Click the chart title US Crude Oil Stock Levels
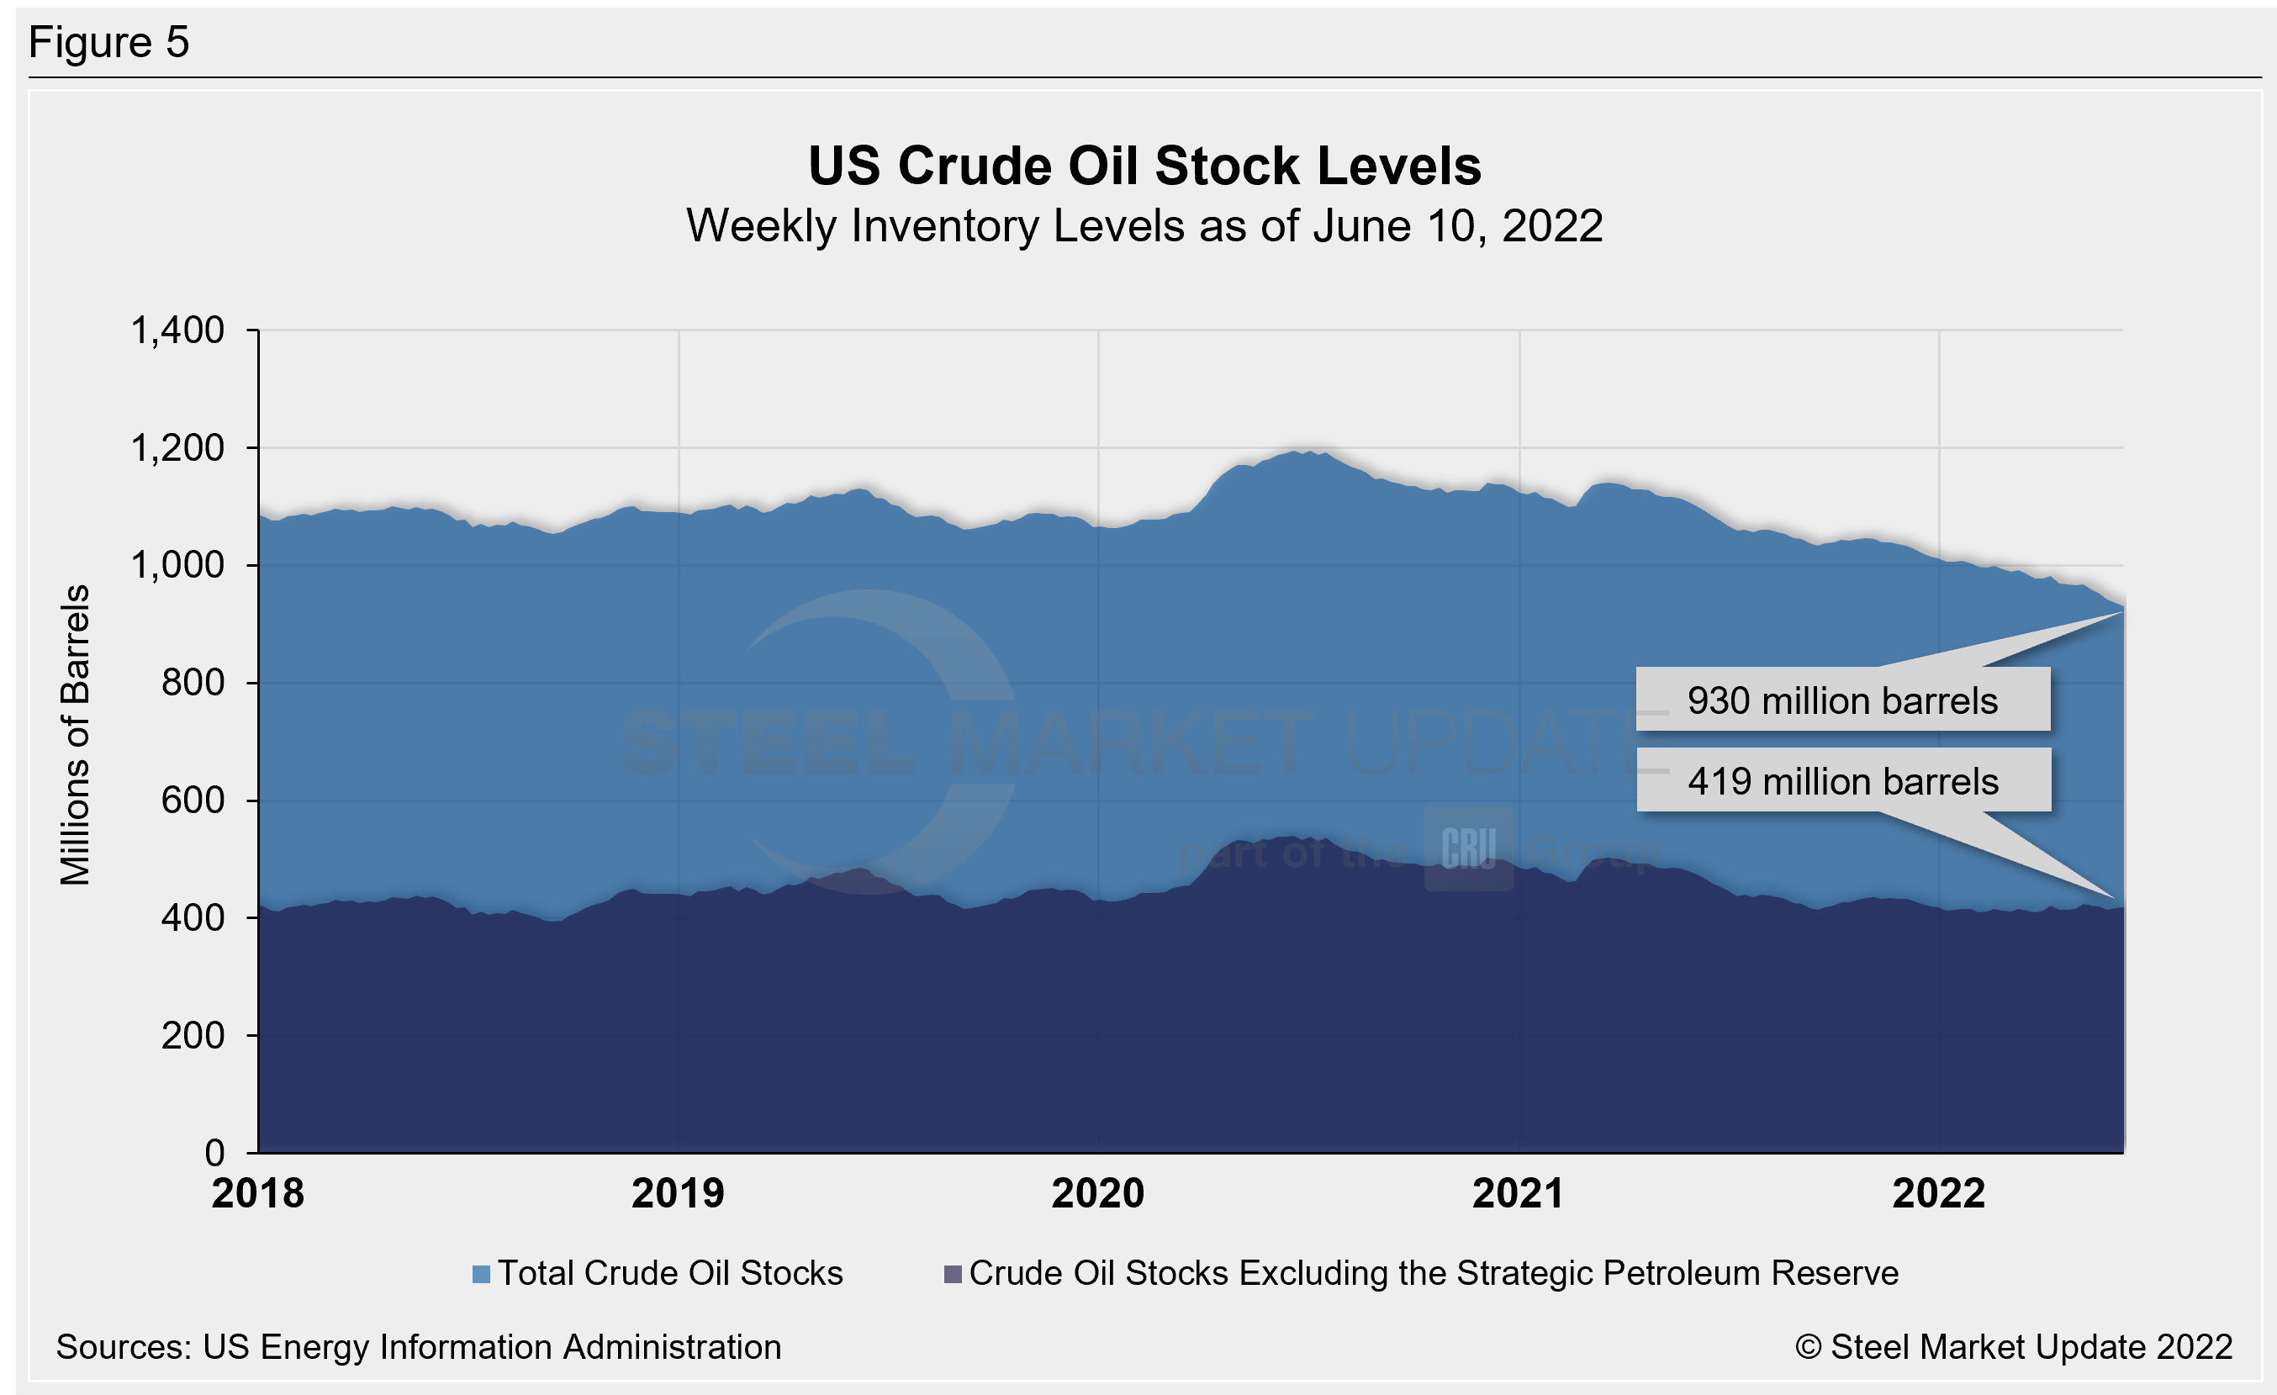coord(1144,166)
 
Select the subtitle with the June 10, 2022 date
coord(1144,226)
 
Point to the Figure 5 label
coord(109,43)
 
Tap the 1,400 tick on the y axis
coord(177,330)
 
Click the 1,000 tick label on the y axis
coord(177,564)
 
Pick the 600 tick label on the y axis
coord(193,800)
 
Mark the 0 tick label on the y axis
coord(214,1152)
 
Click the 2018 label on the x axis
coord(258,1192)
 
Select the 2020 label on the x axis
coord(1098,1192)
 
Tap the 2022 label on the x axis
coord(1939,1192)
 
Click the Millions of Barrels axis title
coord(76,736)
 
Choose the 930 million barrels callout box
coord(1842,700)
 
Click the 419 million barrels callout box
coord(1842,781)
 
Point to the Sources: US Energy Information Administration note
coord(419,1347)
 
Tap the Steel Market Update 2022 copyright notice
coord(2014,1347)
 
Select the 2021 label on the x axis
coord(1519,1192)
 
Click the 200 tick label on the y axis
coord(193,1036)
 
